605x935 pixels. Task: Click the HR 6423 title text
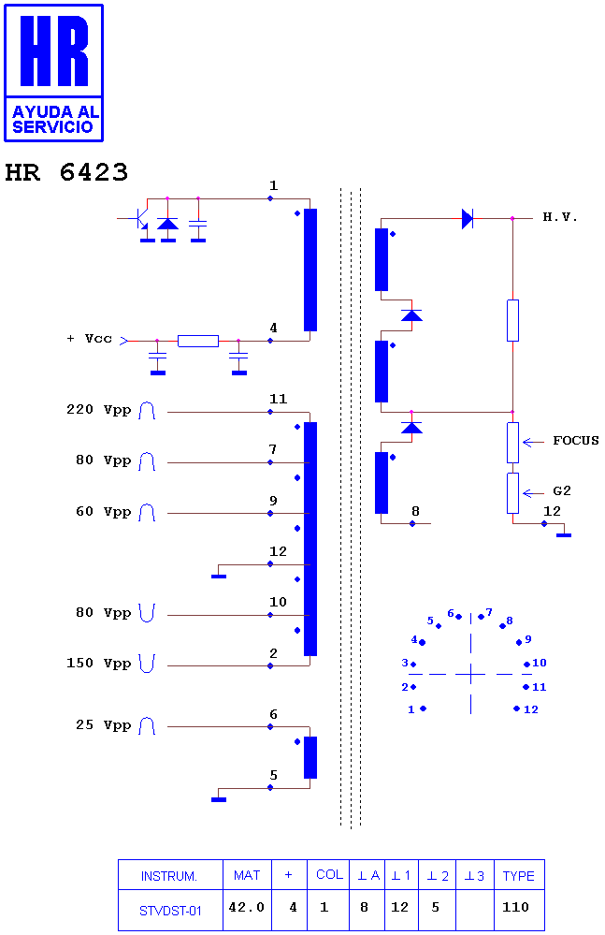[x=66, y=172]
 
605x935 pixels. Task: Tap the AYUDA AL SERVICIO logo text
[x=54, y=119]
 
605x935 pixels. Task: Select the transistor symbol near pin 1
[x=141, y=219]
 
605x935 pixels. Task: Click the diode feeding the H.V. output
[x=468, y=219]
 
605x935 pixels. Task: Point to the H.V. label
[x=560, y=217]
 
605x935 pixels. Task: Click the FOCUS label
[x=575, y=441]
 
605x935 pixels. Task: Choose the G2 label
[x=562, y=490]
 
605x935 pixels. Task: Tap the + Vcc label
[x=90, y=339]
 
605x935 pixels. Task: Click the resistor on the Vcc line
[x=198, y=341]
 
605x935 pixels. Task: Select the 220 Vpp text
[x=99, y=410]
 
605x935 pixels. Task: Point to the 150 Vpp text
[x=99, y=663]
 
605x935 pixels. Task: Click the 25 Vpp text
[x=104, y=725]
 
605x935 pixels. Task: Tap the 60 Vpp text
[x=104, y=512]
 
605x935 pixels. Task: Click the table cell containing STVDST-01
[x=170, y=911]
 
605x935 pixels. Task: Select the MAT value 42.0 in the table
[x=247, y=907]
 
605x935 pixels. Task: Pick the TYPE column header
[x=519, y=876]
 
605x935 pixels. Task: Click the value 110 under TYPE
[x=515, y=907]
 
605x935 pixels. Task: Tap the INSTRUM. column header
[x=169, y=876]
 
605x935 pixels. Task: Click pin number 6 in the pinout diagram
[x=451, y=613]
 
